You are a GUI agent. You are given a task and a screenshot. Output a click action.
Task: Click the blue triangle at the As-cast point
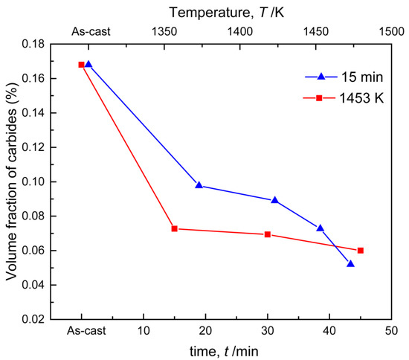pyautogui.click(x=88, y=65)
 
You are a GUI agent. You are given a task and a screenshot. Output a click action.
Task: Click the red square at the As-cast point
pyautogui.click(x=81, y=65)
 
